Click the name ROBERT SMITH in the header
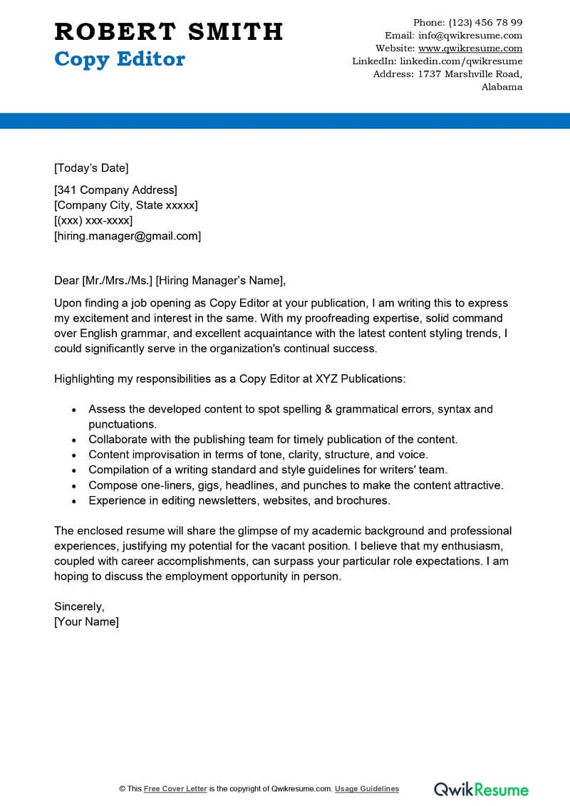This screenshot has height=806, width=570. point(169,32)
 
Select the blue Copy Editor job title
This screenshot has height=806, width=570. point(120,59)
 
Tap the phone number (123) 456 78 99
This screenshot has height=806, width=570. point(487,22)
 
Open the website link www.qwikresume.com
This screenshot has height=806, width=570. point(470,48)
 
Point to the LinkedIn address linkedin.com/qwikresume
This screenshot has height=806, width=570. point(461,61)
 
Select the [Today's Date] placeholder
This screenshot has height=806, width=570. point(91,168)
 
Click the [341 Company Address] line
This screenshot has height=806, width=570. point(115,190)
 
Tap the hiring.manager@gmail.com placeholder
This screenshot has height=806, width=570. point(128,236)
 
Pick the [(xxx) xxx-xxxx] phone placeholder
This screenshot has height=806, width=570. point(93,220)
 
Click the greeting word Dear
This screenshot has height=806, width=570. point(67,280)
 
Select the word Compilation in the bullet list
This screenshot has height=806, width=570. point(119,470)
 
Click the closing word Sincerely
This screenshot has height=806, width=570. point(79,606)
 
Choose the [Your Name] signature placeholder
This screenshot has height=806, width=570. point(86,621)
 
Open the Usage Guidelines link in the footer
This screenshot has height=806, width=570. point(367,789)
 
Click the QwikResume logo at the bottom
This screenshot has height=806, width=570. point(482,789)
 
